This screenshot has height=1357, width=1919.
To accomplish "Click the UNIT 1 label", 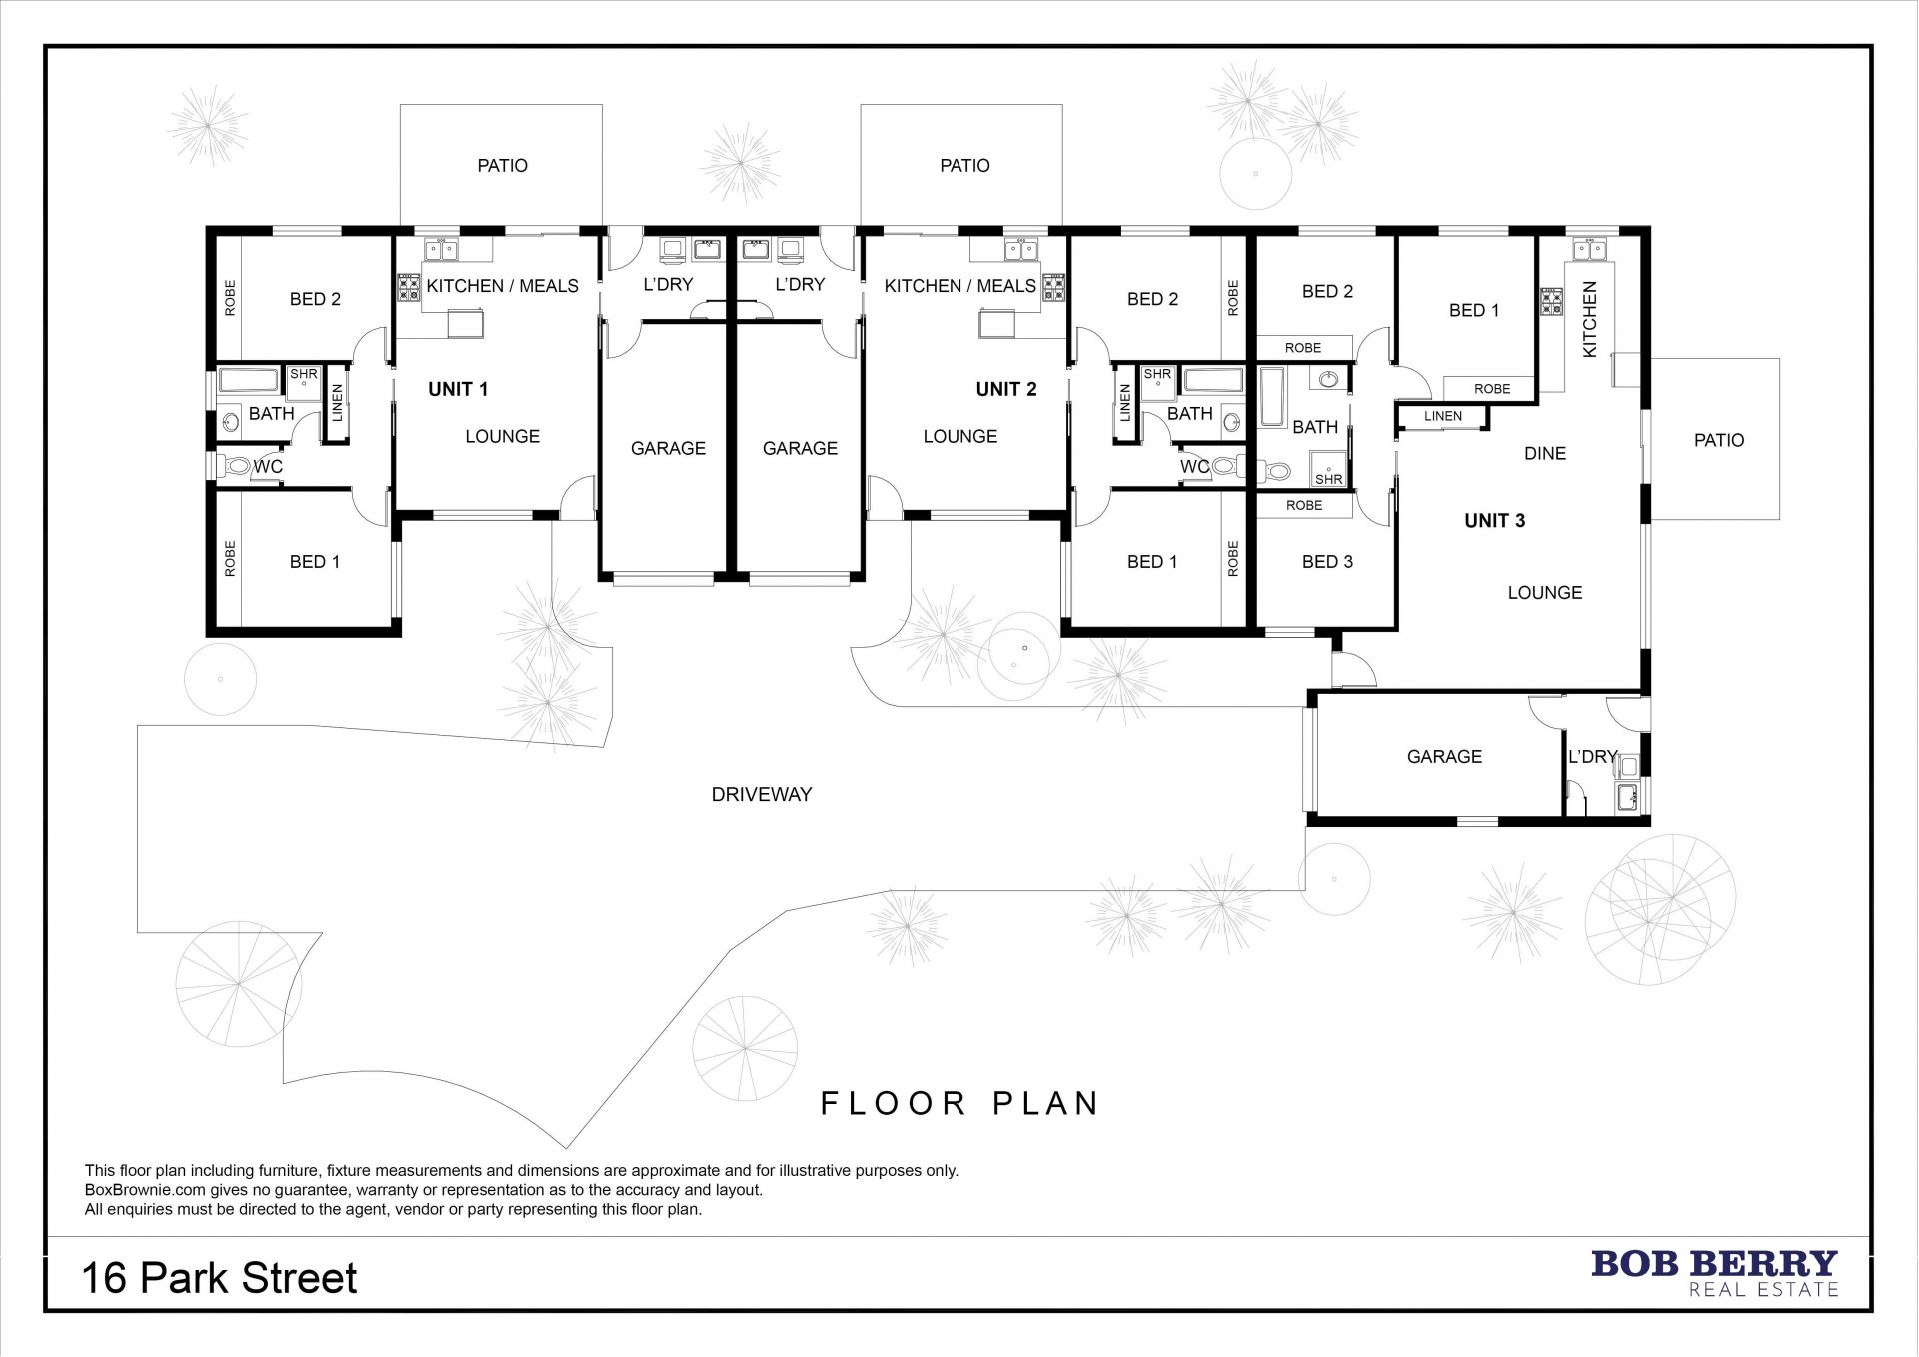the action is (458, 389).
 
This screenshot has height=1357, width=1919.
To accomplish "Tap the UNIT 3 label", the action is (1495, 520).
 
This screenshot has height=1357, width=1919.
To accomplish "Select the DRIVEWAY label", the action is (762, 795).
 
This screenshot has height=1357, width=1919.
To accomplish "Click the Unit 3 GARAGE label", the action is (1444, 757).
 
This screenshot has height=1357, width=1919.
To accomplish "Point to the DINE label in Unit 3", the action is (1545, 454).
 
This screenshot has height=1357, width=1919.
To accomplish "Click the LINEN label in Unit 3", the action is (1443, 416).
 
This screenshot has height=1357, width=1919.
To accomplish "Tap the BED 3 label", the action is (1327, 562).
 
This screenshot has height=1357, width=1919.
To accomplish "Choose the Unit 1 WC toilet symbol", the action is (234, 466).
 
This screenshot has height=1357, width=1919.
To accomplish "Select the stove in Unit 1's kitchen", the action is (410, 288).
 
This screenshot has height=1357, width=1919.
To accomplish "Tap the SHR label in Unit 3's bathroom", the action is (1329, 480).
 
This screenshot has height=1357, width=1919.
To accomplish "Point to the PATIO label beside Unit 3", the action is (1719, 440).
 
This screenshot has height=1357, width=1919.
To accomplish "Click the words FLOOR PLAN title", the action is (960, 1103).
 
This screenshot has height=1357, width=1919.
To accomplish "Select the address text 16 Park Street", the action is (220, 1278).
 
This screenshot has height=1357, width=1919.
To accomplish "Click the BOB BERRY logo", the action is (1714, 1272).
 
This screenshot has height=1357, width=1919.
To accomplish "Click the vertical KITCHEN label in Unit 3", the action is (1590, 319).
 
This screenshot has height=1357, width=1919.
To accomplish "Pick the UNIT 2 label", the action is (1006, 389).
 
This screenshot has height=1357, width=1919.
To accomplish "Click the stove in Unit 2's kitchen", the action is (1053, 288).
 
